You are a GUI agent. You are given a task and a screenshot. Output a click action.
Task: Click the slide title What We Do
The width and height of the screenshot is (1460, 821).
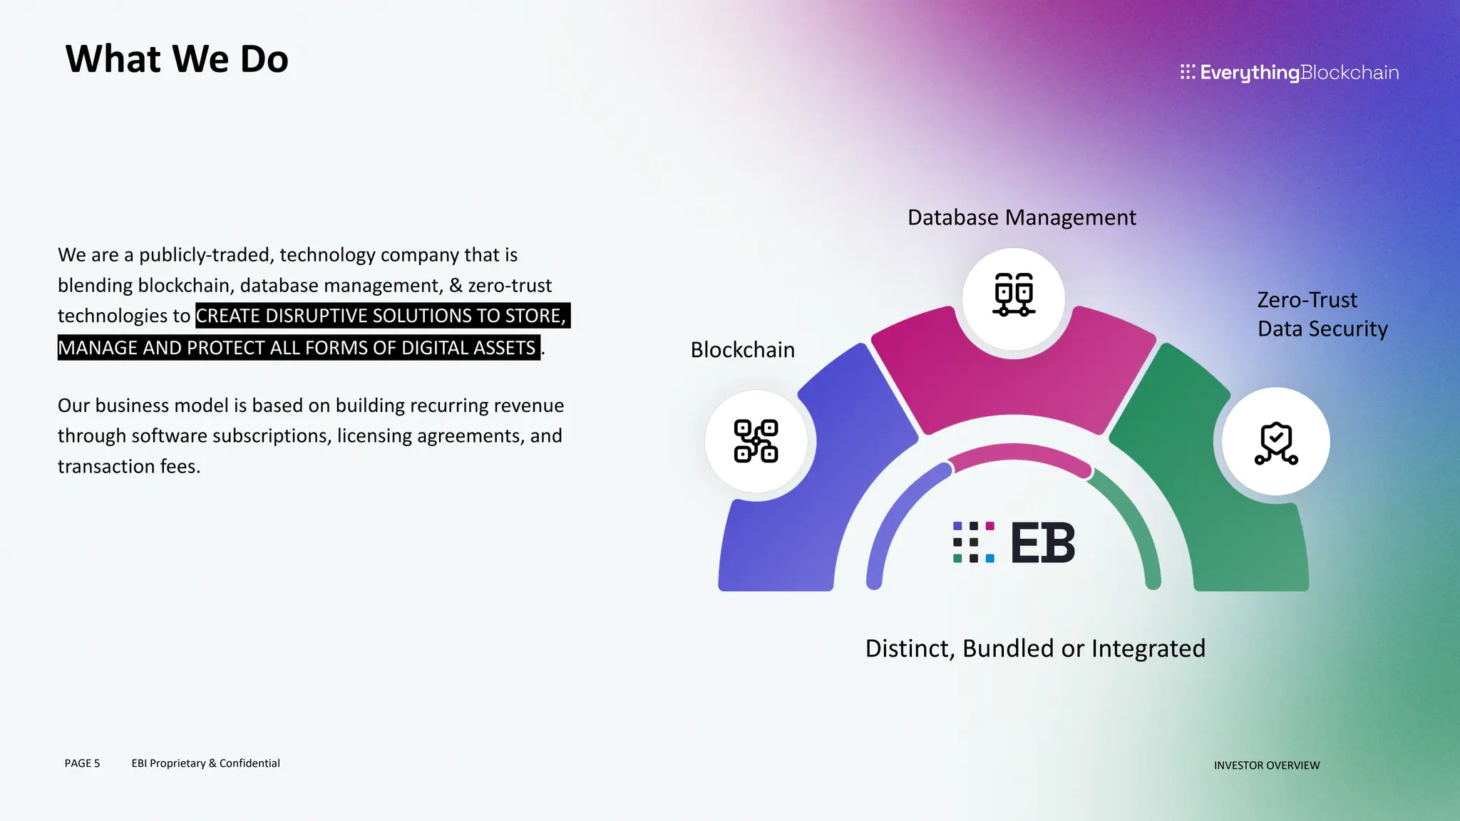[x=177, y=58]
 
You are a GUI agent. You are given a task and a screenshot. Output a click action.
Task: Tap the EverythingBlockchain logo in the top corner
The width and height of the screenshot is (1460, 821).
[x=1289, y=73]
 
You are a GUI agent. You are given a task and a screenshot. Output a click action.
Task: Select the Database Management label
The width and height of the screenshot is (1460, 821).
[x=1022, y=217]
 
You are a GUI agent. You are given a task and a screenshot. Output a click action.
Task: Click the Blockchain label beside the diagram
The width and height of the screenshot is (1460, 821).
[x=742, y=350]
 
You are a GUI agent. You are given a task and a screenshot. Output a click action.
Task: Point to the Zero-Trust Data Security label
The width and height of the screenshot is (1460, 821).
[x=1322, y=314]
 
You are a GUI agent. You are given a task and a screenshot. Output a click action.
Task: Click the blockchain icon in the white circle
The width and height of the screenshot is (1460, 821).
[x=756, y=441]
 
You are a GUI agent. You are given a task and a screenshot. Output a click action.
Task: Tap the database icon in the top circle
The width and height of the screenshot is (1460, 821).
[x=1014, y=294]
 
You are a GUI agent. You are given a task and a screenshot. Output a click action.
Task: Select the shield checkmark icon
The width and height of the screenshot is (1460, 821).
[x=1276, y=443]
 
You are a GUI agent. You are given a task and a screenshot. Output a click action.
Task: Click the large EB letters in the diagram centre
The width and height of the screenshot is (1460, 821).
[x=1042, y=543]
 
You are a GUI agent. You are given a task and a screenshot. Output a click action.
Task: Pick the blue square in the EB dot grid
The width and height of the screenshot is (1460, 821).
[x=989, y=559]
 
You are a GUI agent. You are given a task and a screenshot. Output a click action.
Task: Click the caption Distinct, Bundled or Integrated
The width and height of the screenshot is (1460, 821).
[x=1035, y=649]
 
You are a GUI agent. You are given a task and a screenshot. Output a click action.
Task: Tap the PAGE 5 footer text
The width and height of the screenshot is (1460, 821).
[x=82, y=763]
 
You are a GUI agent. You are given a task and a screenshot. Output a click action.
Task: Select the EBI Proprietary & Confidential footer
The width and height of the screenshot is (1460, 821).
[x=205, y=763]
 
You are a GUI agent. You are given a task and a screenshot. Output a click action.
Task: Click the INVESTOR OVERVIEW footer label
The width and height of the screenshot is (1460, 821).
[x=1267, y=765]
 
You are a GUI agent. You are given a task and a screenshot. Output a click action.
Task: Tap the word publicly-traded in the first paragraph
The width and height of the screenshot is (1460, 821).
[x=206, y=255]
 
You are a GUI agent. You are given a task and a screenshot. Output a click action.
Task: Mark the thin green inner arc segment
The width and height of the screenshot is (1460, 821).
[x=1133, y=520]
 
